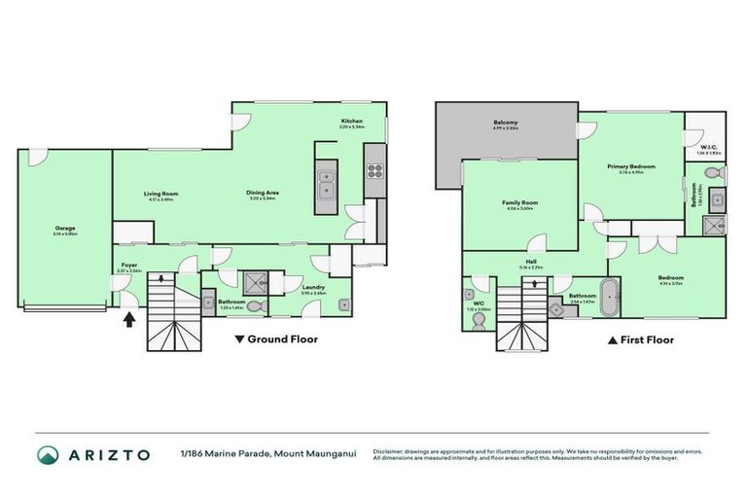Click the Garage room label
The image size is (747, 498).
click(65, 230)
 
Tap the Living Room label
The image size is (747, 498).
click(161, 195)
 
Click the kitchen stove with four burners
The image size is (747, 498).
click(374, 170)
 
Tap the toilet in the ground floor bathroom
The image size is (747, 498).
click(254, 304)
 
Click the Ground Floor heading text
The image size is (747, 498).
click(282, 339)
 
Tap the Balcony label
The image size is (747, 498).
click(505, 124)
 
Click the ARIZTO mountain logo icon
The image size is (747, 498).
click(47, 454)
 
